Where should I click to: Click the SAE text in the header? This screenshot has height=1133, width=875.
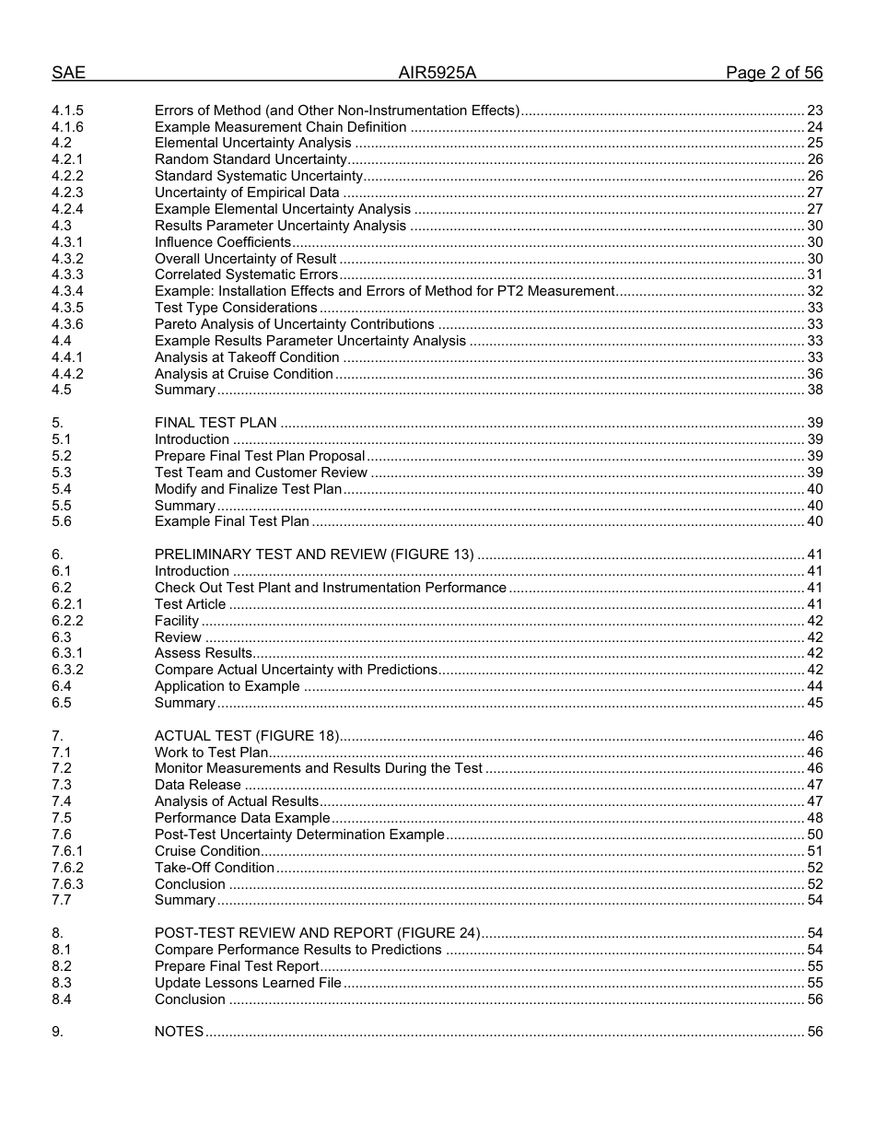click(x=68, y=74)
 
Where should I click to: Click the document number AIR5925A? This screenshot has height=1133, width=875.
click(x=437, y=74)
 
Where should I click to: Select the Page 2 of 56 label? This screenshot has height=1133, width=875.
click(x=774, y=74)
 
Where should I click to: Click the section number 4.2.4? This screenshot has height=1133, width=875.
click(x=67, y=210)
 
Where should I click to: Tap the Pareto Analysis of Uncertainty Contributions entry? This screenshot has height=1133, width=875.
click(x=294, y=324)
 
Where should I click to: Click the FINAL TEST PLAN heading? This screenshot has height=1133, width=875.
click(x=216, y=424)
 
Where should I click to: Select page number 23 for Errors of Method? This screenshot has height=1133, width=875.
click(x=814, y=111)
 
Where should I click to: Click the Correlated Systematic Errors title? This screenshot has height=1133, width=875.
click(x=246, y=274)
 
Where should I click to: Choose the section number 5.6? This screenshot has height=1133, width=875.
click(x=62, y=522)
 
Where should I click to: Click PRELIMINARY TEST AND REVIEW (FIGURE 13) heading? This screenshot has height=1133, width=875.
click(x=314, y=555)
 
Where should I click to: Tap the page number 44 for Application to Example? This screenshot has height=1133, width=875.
click(x=814, y=686)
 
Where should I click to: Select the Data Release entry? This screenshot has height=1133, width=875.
click(x=197, y=785)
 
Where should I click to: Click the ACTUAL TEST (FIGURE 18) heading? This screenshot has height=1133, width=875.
click(x=247, y=736)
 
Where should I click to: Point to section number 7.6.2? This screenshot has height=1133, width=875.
click(x=67, y=868)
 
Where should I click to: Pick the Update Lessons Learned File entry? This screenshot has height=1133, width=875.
click(x=248, y=983)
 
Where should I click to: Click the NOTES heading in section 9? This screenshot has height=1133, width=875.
click(x=179, y=1032)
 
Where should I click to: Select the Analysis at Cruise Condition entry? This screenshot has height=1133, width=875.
click(x=243, y=374)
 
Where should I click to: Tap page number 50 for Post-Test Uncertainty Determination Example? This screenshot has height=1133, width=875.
click(x=814, y=835)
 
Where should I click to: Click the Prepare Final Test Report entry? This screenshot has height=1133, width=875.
click(x=237, y=966)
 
